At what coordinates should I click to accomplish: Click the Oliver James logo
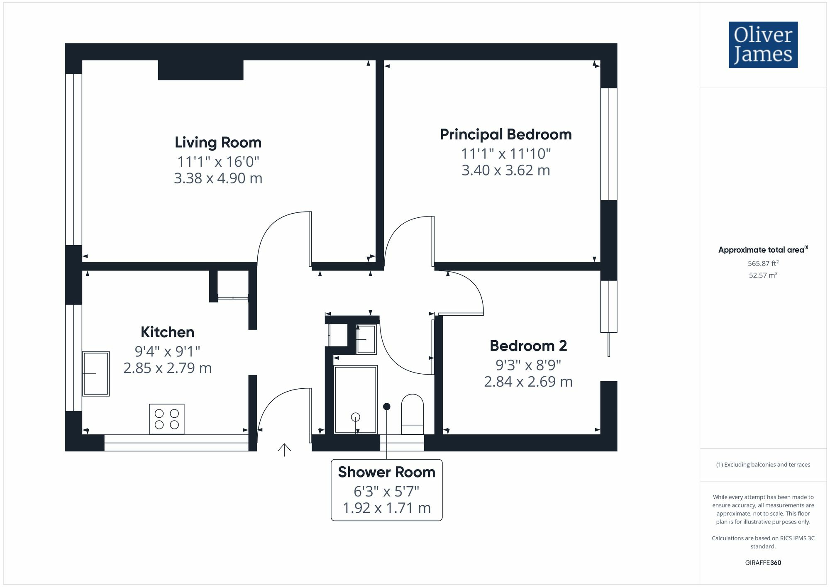[763, 45]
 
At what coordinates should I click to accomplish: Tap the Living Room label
[218, 142]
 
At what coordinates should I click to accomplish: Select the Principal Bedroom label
[506, 134]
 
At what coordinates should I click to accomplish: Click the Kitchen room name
[168, 332]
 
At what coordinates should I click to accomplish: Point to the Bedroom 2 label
[528, 346]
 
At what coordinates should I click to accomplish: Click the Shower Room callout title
[386, 472]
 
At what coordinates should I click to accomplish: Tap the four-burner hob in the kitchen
[167, 419]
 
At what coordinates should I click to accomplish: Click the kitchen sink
[96, 374]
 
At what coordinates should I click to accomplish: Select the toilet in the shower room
[413, 414]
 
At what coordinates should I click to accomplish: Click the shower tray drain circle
[355, 417]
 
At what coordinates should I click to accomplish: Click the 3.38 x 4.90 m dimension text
[218, 178]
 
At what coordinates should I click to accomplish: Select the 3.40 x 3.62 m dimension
[506, 170]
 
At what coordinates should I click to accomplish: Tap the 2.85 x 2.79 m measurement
[168, 368]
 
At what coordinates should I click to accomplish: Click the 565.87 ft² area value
[763, 263]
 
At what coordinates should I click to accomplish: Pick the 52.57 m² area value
[763, 275]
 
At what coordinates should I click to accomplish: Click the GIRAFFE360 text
[763, 563]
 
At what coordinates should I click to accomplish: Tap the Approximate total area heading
[763, 249]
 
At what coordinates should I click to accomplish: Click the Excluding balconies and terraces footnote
[763, 465]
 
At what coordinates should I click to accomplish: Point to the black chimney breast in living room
[200, 70]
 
